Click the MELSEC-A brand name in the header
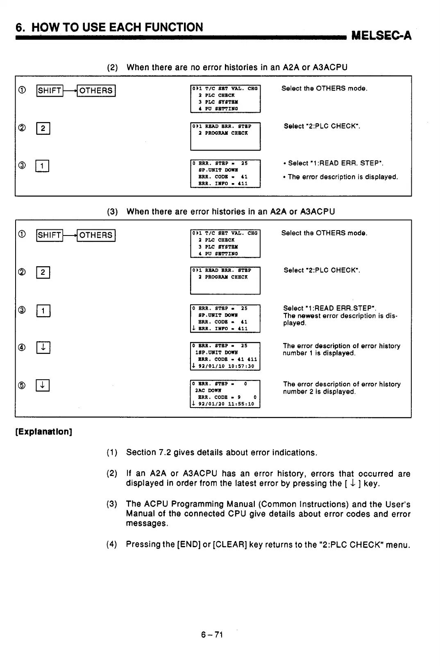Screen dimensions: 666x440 pos(381,36)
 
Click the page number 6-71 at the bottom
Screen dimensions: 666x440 pos(212,634)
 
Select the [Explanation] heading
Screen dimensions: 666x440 pos(43,432)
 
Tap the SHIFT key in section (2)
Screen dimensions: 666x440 pos(50,91)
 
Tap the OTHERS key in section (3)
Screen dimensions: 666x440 pos(96,235)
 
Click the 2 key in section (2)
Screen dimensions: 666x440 pos(43,129)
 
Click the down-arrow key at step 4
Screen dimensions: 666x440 pos(43,348)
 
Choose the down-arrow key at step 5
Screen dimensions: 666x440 pos(43,385)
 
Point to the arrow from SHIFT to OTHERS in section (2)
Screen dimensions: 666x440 pos(70,91)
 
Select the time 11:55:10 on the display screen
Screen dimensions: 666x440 pos(241,404)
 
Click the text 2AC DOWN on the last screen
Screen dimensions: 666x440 pos(208,390)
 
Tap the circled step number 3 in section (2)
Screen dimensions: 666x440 pos(22,165)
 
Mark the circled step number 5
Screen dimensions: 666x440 pos(22,385)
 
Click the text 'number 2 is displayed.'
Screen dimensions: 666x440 pos(319,392)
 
